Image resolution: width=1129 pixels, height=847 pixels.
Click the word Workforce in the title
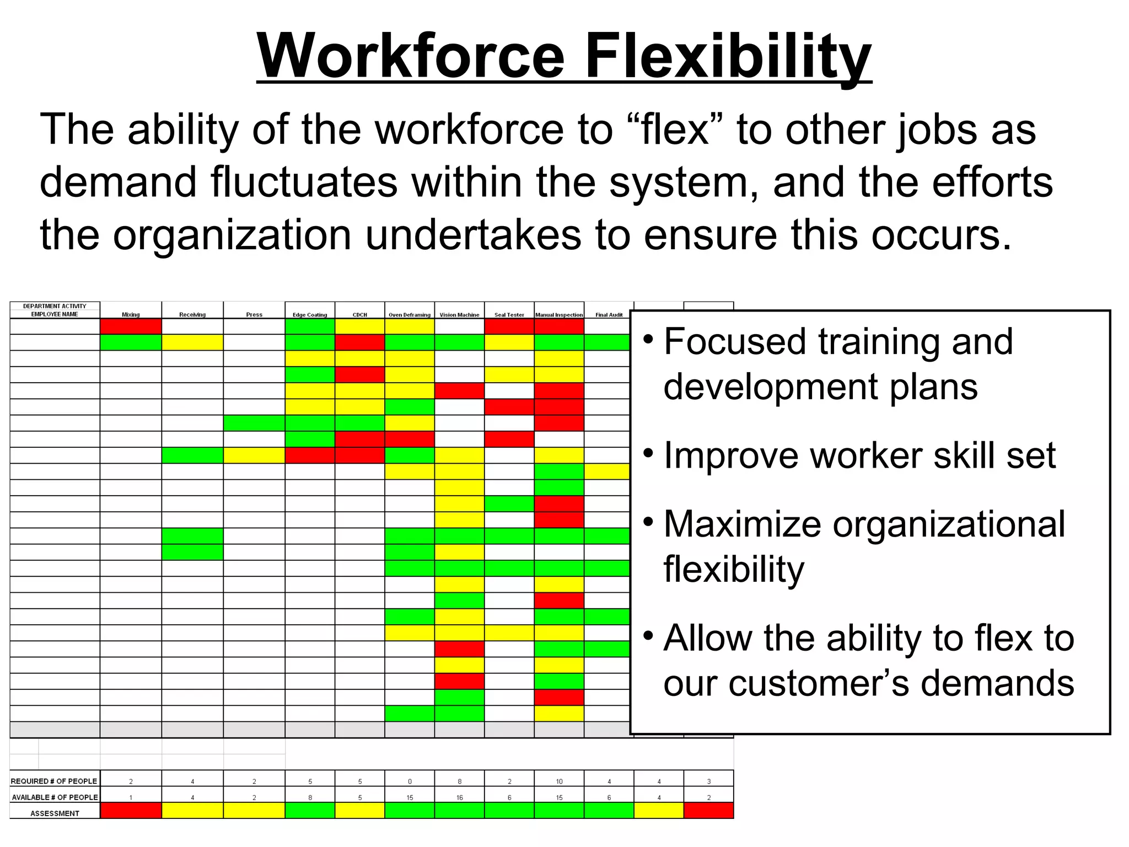tap(411, 56)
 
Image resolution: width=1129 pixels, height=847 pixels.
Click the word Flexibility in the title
tap(728, 56)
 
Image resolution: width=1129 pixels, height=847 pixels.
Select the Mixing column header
tap(131, 315)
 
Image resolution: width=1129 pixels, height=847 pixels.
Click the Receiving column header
tap(192, 315)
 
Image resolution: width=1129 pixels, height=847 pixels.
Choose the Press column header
tap(254, 315)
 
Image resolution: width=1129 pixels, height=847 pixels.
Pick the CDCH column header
tap(359, 315)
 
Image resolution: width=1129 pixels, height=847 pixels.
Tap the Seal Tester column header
tap(509, 315)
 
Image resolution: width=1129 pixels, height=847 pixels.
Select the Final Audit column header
tap(609, 315)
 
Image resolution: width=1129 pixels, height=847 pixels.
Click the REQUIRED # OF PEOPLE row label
tap(54, 781)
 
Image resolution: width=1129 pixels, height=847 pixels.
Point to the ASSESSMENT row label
tap(55, 813)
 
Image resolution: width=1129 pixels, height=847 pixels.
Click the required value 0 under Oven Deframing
tap(410, 781)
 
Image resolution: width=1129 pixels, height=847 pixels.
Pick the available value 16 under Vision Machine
tap(459, 797)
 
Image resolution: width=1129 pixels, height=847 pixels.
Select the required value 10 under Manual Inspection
tap(559, 781)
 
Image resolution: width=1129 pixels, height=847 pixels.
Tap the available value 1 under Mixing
tap(131, 797)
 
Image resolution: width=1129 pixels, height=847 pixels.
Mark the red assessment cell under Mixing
tap(131, 811)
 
